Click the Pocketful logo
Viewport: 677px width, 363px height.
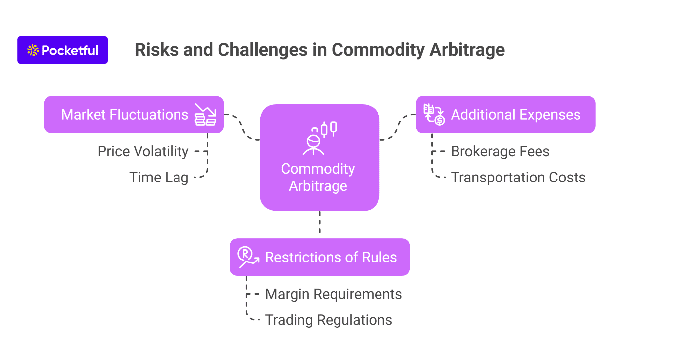(x=62, y=50)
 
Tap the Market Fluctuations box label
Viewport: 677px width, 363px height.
(x=125, y=115)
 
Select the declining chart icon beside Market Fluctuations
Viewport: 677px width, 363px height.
(x=205, y=115)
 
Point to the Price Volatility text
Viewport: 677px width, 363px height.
(x=143, y=151)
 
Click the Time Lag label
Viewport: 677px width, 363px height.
(x=159, y=177)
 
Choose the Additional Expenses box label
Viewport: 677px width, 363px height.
(x=515, y=115)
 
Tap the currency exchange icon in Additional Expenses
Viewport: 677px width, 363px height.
(x=434, y=114)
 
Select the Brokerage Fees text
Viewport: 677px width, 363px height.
(x=500, y=151)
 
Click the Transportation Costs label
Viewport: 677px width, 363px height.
(x=518, y=177)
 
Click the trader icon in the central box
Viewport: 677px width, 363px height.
(x=319, y=138)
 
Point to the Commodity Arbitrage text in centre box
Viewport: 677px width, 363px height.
(x=318, y=177)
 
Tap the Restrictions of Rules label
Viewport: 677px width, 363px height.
(x=331, y=257)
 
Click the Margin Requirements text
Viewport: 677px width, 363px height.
(x=333, y=294)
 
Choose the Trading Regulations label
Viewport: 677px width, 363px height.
(x=328, y=320)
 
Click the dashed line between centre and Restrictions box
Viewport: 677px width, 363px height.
(x=320, y=222)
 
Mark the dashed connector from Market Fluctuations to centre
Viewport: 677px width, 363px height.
(x=242, y=128)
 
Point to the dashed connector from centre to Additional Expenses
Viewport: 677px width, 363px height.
(x=397, y=128)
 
